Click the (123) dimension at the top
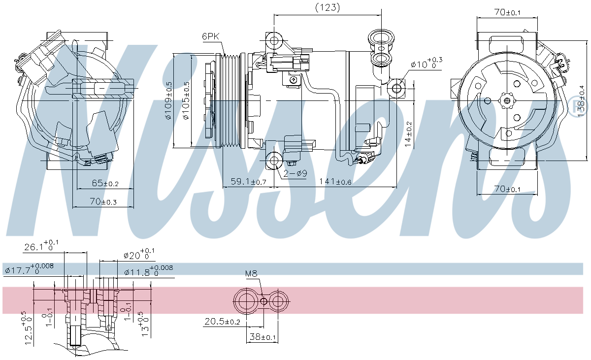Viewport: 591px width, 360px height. click(x=327, y=7)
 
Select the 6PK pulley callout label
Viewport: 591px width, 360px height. click(x=210, y=36)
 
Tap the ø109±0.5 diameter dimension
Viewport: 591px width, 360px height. click(x=168, y=100)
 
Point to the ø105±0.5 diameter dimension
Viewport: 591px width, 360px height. click(x=185, y=100)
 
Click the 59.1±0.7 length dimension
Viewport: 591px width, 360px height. click(x=248, y=182)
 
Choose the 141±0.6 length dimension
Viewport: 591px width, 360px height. click(x=335, y=182)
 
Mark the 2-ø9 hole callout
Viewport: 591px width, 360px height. click(x=295, y=173)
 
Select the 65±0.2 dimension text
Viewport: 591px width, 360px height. click(x=105, y=183)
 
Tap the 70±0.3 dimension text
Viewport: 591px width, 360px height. click(x=103, y=201)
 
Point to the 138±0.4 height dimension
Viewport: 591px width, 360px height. click(x=582, y=100)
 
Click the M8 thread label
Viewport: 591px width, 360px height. click(x=251, y=274)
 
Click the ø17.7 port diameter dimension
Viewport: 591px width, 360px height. click(x=29, y=269)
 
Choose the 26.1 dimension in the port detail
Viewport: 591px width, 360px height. click(x=41, y=247)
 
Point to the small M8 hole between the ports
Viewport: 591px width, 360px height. click(x=264, y=301)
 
